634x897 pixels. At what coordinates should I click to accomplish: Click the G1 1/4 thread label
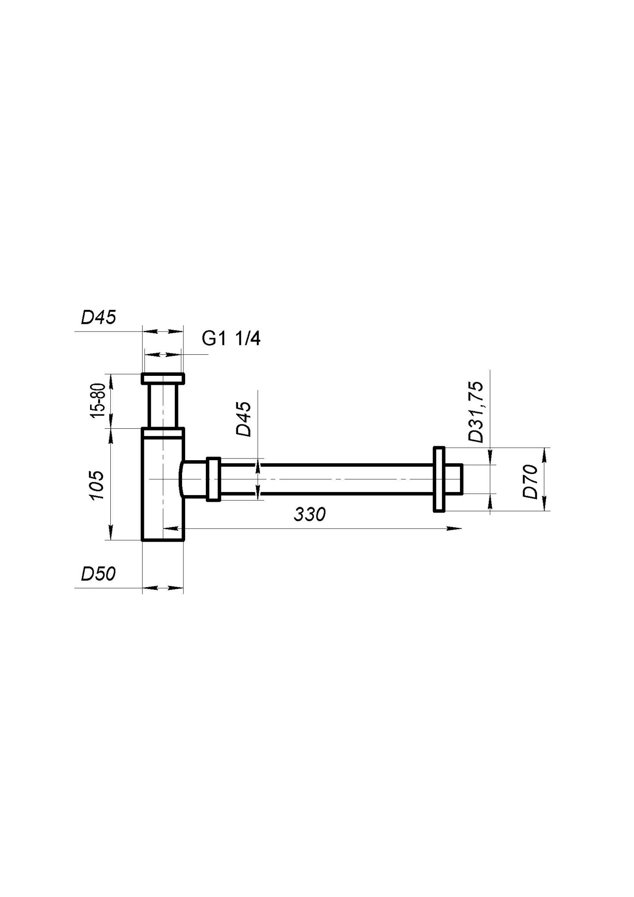231,338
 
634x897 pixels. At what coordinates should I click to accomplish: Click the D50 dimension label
98,574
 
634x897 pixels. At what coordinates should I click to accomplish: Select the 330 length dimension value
309,514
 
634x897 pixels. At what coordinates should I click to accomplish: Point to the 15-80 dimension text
98,401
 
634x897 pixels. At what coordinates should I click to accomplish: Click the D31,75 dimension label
476,412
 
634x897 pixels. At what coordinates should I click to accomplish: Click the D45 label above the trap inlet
98,317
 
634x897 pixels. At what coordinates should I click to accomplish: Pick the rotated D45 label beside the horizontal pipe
244,419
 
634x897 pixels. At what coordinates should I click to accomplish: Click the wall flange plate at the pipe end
439,479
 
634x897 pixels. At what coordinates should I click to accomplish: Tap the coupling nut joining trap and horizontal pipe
213,479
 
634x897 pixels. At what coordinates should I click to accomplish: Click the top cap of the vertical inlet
163,379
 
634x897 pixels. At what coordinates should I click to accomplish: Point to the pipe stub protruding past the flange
453,479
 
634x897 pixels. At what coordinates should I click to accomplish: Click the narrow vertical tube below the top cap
163,406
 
